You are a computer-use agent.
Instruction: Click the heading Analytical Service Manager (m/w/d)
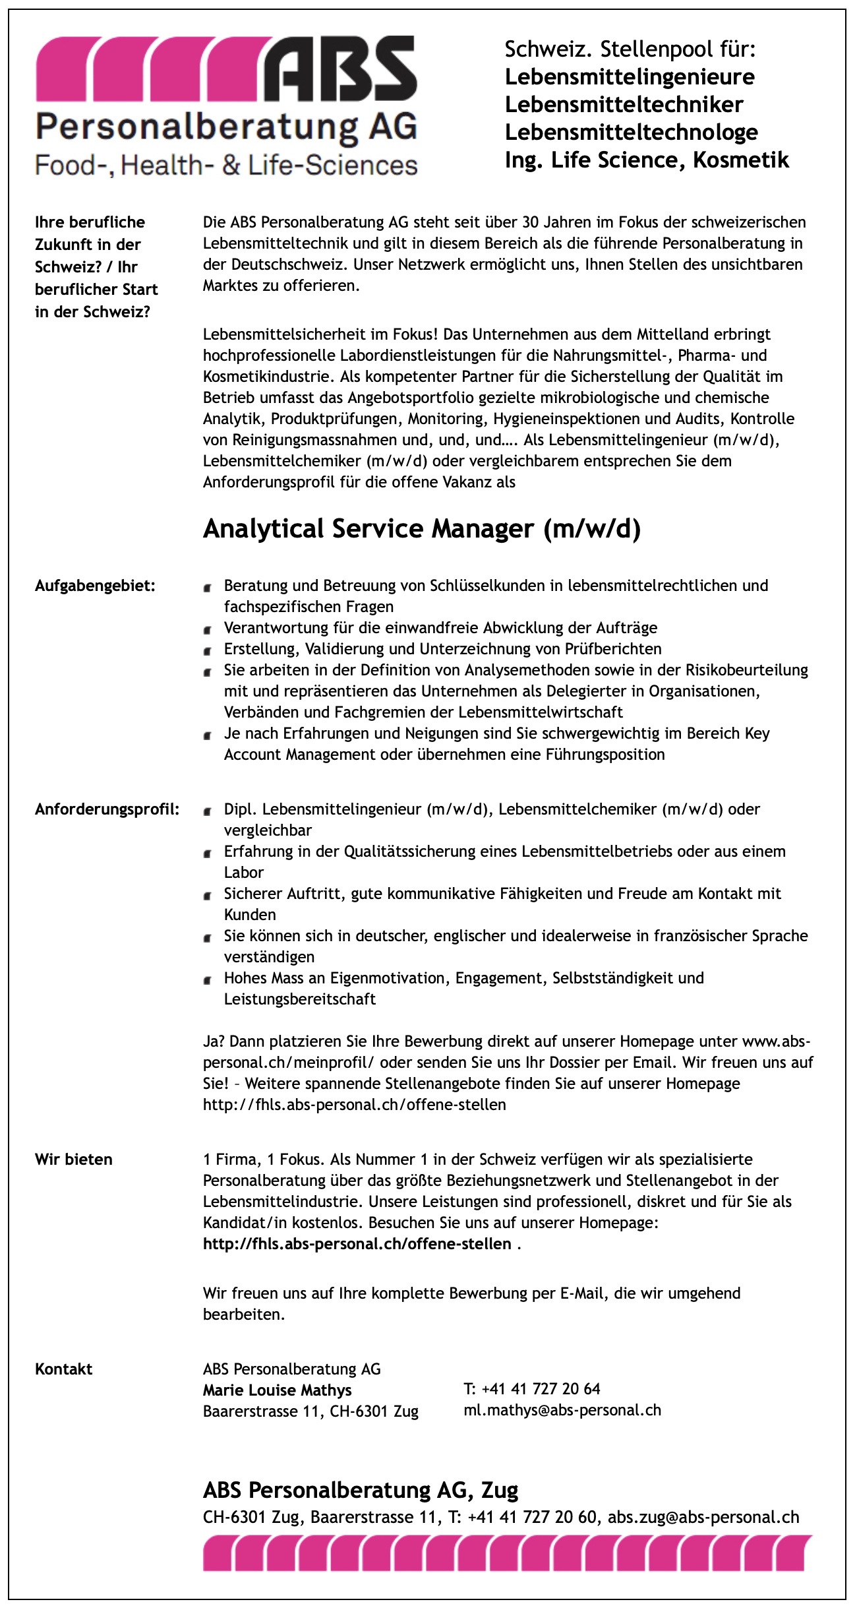(421, 529)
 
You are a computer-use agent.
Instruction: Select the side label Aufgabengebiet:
(95, 586)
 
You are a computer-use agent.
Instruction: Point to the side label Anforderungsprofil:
(107, 809)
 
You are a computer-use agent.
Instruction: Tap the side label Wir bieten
(74, 1160)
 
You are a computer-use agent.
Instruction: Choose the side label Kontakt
(64, 1369)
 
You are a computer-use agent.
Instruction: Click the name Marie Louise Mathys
(277, 1390)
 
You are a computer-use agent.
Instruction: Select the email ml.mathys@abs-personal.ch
(562, 1410)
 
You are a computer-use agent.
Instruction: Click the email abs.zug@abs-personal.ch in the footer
(703, 1517)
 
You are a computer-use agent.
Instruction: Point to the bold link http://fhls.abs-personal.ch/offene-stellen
(357, 1244)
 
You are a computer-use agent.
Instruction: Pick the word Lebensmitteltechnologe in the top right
(631, 133)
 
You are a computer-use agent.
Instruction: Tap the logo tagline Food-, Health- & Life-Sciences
(226, 166)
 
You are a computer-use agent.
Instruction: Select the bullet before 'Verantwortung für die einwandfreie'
(208, 630)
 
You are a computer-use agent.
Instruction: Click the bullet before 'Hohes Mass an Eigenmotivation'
(208, 980)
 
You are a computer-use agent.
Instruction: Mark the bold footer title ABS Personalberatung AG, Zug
(360, 1490)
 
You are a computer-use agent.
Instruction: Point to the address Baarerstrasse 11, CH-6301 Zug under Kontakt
(310, 1411)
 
